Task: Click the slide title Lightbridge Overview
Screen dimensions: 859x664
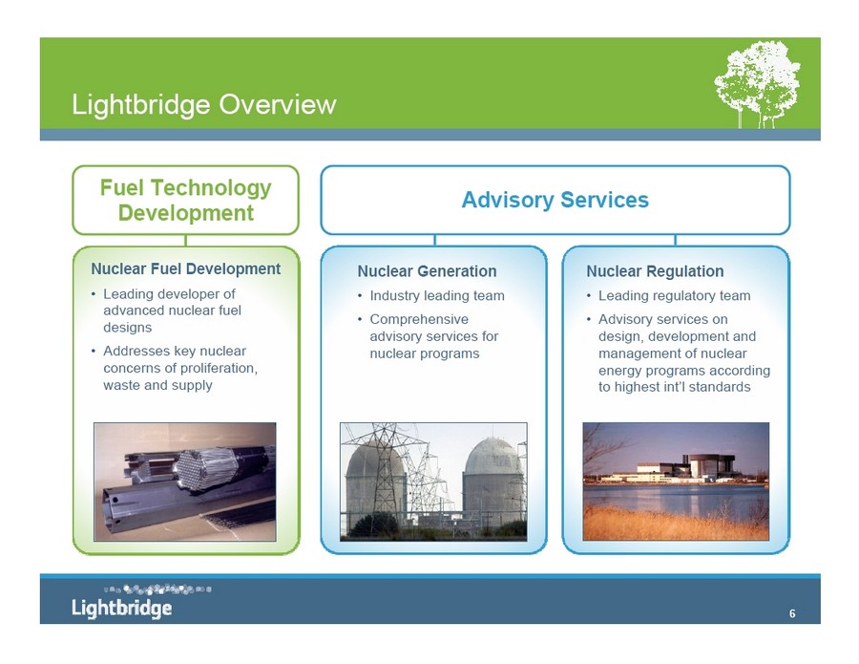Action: [204, 105]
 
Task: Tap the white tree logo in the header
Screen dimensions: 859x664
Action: [757, 84]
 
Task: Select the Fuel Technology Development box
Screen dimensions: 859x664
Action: [186, 200]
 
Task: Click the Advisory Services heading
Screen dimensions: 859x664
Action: [555, 200]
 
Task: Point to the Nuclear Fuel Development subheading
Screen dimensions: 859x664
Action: [186, 268]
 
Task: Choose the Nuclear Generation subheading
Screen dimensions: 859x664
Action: [427, 271]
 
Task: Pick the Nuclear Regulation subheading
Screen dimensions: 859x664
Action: [655, 271]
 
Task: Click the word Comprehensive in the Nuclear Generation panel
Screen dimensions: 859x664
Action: [419, 319]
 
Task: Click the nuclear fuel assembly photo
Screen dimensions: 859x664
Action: [185, 482]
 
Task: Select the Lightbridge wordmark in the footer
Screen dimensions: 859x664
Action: [121, 608]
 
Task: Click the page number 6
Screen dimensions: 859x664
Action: [792, 613]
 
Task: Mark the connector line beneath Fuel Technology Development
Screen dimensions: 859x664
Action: [186, 241]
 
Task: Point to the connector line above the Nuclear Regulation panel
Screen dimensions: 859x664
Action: [676, 240]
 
